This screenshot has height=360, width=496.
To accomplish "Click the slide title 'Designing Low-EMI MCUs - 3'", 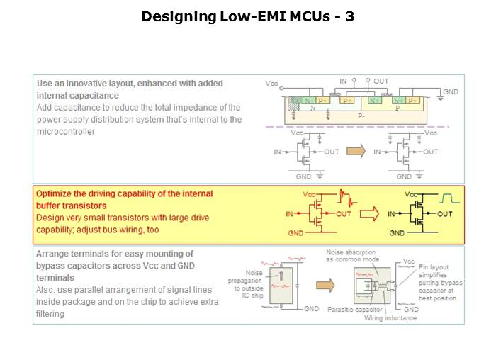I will (x=247, y=16).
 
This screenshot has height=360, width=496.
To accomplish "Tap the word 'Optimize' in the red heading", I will (x=54, y=193).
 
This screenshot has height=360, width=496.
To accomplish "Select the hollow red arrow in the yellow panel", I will (x=369, y=213).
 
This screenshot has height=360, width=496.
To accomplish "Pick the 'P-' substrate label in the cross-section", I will (x=361, y=115).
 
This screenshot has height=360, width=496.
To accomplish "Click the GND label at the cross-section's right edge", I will (x=451, y=92).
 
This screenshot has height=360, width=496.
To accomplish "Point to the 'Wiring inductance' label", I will (x=391, y=318).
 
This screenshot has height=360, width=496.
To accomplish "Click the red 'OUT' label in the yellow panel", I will (x=344, y=213).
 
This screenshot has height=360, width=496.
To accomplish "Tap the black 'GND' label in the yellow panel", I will (x=397, y=232).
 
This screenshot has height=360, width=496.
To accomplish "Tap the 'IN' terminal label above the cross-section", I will (x=343, y=81).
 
